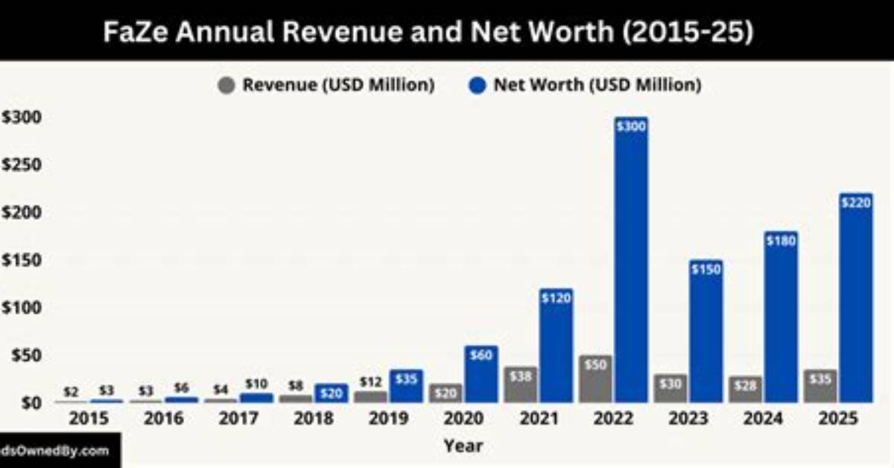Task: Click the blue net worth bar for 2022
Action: (x=632, y=259)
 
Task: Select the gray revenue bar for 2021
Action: (x=521, y=385)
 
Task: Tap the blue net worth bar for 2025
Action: (x=856, y=298)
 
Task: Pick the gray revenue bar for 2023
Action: (x=670, y=388)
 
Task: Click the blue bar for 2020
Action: (x=481, y=374)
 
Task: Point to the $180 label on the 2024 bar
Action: (x=782, y=241)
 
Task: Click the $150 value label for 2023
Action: (x=706, y=270)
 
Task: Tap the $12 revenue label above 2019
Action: (x=371, y=382)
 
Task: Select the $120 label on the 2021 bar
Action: (x=557, y=298)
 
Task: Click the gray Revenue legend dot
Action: (x=226, y=86)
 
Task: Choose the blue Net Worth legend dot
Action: (x=477, y=86)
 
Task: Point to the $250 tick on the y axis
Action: (x=22, y=165)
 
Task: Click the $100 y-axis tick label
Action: (x=22, y=308)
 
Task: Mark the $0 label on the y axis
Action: (x=31, y=403)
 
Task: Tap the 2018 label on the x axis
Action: (x=314, y=419)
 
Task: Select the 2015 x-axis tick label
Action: (x=89, y=419)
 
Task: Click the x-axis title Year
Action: (x=463, y=446)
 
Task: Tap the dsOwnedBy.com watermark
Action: (x=54, y=451)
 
